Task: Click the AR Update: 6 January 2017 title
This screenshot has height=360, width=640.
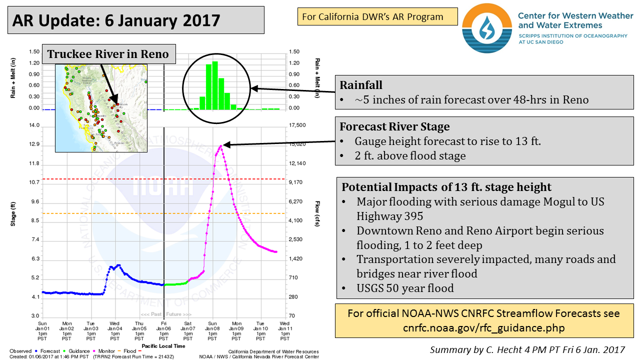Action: click(x=116, y=20)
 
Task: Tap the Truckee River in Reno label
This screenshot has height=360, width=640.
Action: click(x=108, y=53)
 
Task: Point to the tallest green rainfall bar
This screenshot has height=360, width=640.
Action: click(x=215, y=85)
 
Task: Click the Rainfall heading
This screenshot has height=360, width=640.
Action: click(x=361, y=85)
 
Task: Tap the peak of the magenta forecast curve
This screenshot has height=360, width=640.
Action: click(x=220, y=145)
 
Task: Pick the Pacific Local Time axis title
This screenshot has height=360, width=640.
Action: click(x=163, y=345)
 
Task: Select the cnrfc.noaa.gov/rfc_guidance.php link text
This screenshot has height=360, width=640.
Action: click(x=483, y=327)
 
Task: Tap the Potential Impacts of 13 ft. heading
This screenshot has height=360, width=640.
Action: click(x=446, y=187)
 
